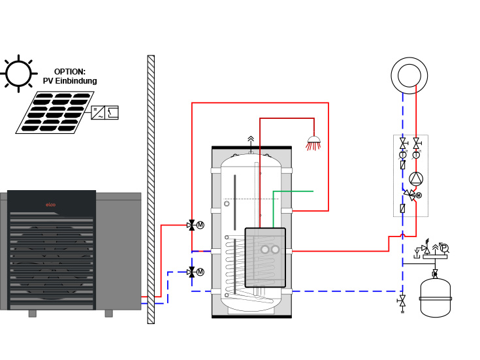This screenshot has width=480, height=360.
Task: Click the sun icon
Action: click(18, 74)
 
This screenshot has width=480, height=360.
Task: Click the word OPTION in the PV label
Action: click(70, 72)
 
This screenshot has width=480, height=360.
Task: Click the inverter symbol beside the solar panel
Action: click(104, 112)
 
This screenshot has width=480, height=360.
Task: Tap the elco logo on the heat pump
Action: click(51, 205)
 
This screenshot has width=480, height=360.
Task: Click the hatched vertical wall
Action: click(151, 189)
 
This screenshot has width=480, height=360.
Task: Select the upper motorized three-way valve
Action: click(191, 225)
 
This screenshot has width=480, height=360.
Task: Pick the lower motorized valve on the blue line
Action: click(191, 272)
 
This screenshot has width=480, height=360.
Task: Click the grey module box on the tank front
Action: click(265, 257)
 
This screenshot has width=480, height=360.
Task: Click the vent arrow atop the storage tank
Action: click(251, 140)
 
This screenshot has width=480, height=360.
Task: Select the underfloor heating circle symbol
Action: click(409, 76)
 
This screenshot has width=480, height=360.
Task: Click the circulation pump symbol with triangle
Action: click(416, 178)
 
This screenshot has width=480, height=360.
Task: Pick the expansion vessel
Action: click(436, 298)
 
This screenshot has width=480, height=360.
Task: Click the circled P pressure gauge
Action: click(444, 248)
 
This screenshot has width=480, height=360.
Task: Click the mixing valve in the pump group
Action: click(409, 195)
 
